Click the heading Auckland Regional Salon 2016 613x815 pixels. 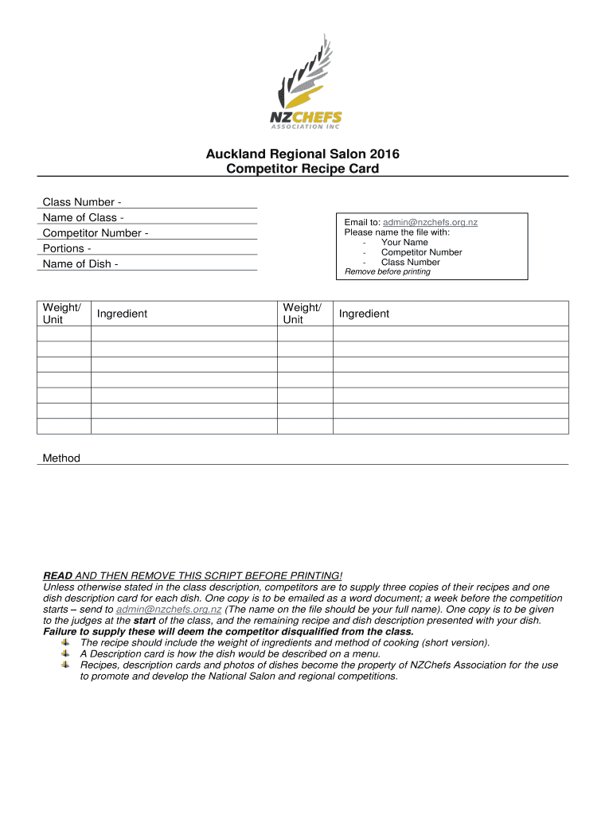[x=306, y=154]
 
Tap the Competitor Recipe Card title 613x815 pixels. [x=306, y=169]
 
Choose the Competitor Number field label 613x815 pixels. [x=96, y=233]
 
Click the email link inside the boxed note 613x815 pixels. [x=430, y=223]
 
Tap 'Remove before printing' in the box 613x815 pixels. [x=387, y=271]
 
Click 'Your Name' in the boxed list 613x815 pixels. [x=404, y=242]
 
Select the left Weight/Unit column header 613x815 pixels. [x=61, y=313]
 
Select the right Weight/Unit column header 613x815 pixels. [x=303, y=313]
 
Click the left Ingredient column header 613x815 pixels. [x=122, y=314]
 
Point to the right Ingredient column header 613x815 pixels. [x=364, y=314]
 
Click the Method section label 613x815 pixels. [x=61, y=458]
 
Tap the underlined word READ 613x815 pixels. [x=57, y=575]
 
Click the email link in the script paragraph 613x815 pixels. [x=169, y=609]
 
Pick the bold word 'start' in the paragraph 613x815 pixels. [x=144, y=620]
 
